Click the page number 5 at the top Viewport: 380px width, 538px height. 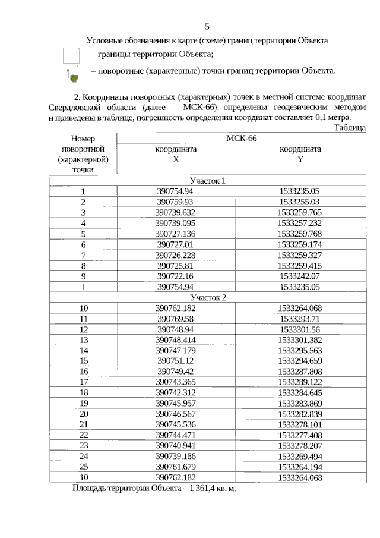pos(207,26)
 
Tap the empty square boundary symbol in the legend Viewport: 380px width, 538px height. pos(71,55)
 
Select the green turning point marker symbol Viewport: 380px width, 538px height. pos(72,76)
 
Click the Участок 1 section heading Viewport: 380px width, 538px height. pos(208,180)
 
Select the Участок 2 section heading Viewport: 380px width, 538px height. pos(208,297)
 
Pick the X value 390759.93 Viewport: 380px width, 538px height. pos(176,202)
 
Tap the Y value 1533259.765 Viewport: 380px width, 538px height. pos(300,212)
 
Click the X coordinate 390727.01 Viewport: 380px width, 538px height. pos(176,244)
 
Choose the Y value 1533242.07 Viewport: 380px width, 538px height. pos(300,276)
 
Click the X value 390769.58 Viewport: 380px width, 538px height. pos(176,319)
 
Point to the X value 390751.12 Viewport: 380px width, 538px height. pos(176,360)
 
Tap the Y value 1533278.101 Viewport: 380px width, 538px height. pos(300,424)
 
